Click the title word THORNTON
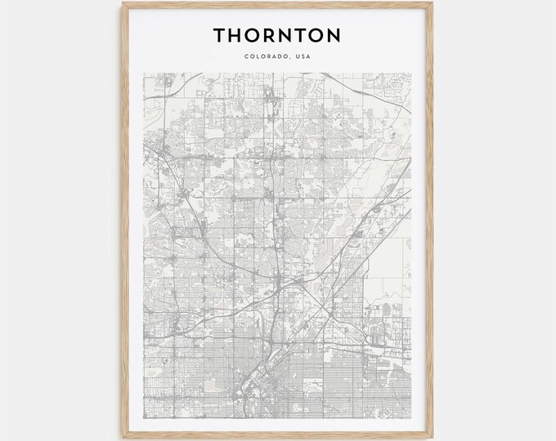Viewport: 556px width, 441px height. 277,35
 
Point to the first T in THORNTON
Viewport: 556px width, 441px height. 220,35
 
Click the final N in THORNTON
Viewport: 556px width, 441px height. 334,35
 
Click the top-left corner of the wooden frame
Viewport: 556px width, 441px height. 123,2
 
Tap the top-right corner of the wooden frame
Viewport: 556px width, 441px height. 432,2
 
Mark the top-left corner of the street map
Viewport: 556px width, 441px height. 144,73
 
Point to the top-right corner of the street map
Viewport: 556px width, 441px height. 412,73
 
